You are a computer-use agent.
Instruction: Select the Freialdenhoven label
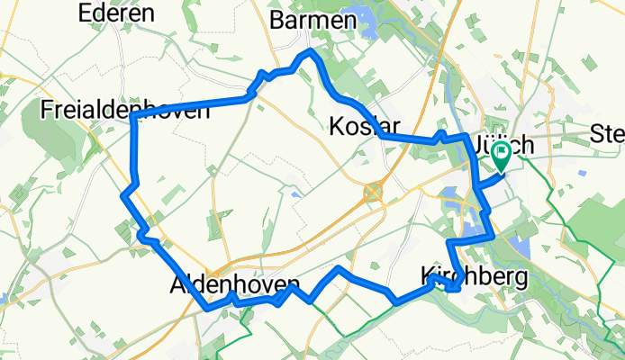[x=126, y=110]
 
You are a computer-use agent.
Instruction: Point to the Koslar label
[x=364, y=124]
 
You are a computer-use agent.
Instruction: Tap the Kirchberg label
[x=473, y=277]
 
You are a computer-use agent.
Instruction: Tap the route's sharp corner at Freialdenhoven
[x=133, y=118]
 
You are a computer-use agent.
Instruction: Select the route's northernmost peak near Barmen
[x=312, y=52]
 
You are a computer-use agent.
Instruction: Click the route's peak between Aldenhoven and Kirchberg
[x=339, y=268]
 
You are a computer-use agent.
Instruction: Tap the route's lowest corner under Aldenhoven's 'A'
[x=209, y=308]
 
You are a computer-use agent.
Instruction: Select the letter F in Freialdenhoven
[x=49, y=110]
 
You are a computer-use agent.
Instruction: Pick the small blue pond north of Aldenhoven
[x=294, y=192]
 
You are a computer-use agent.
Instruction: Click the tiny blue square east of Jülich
[x=582, y=173]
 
